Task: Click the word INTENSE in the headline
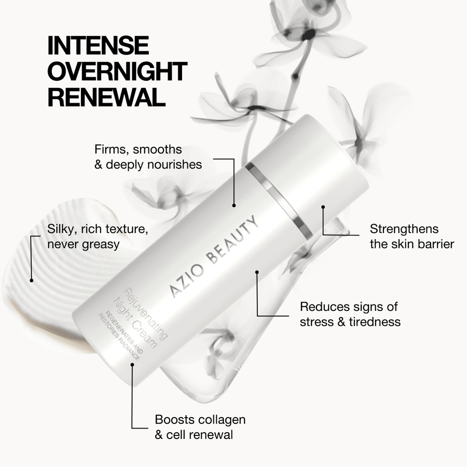pos(98,46)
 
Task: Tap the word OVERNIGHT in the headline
pos(117,72)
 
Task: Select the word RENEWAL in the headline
pos(103,97)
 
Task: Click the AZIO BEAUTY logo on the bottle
pos(214,257)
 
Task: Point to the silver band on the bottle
pos(279,200)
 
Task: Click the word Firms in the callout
pos(109,149)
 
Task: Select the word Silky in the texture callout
pos(61,229)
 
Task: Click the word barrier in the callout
pos(434,244)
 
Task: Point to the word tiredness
pos(374,322)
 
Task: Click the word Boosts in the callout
pos(174,419)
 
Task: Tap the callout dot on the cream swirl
pos(32,281)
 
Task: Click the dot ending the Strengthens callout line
pos(323,207)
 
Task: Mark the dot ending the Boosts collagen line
pos(133,364)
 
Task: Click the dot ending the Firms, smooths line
pos(234,205)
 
